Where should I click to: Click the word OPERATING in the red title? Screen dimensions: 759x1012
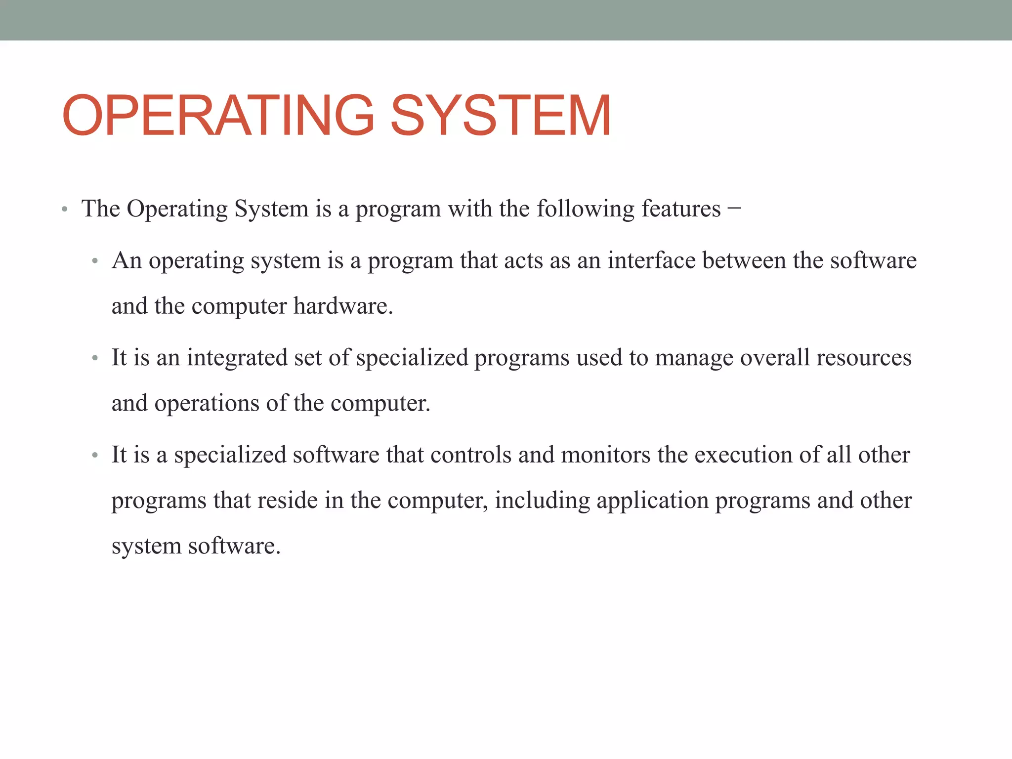coord(218,116)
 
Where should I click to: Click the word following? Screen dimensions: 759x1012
coord(585,210)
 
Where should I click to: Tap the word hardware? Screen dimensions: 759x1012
coord(343,306)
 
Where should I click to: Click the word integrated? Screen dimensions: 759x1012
coord(237,358)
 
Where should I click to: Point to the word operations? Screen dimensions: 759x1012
coord(207,404)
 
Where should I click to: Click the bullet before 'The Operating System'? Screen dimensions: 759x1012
coord(64,210)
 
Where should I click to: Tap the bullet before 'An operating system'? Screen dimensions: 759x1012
coord(95,261)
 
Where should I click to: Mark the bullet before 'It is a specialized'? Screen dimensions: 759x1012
coord(95,455)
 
